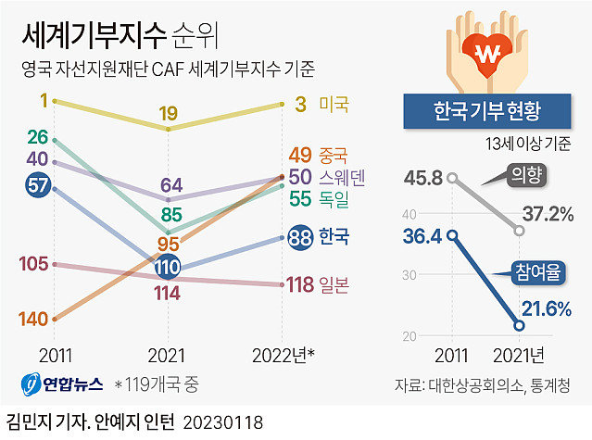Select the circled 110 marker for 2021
168,269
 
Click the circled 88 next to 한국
300,237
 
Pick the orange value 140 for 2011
32,320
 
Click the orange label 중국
333,154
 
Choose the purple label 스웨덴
342,176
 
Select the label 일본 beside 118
333,285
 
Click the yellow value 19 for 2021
168,113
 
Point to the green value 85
170,216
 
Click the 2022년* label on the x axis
284,355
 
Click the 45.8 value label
422,176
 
